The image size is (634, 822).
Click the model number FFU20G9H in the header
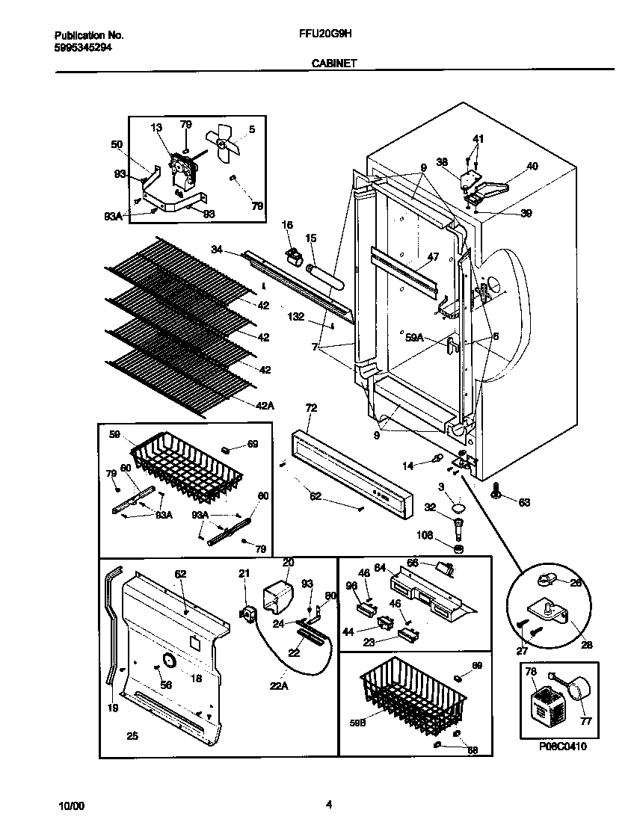point(319,35)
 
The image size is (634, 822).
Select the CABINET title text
point(333,64)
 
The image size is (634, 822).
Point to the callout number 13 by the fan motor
point(156,128)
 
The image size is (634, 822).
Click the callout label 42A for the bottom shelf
point(265,407)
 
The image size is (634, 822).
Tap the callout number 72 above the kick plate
point(311,408)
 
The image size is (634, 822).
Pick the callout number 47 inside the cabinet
point(433,257)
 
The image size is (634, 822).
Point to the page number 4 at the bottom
point(329,805)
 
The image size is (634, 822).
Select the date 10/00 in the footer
point(72,806)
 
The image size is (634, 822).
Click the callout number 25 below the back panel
point(132,737)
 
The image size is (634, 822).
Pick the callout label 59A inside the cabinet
point(415,338)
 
